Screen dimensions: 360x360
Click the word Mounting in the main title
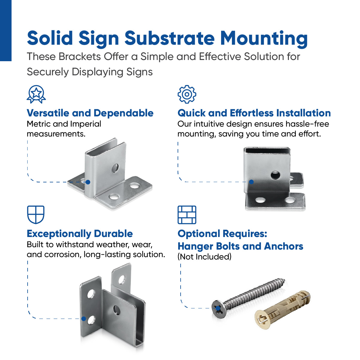click(x=264, y=38)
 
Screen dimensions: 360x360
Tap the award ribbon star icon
click(x=36, y=94)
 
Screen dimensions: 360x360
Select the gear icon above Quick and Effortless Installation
click(x=187, y=94)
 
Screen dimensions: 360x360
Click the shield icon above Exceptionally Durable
click(x=36, y=214)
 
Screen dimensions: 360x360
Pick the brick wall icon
click(x=187, y=215)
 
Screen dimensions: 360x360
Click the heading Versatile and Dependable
click(x=90, y=113)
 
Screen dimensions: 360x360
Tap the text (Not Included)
click(x=204, y=257)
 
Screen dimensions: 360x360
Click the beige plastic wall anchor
click(x=282, y=309)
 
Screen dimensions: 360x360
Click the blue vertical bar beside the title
click(x=5, y=30)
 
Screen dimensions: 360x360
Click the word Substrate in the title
click(x=169, y=38)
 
